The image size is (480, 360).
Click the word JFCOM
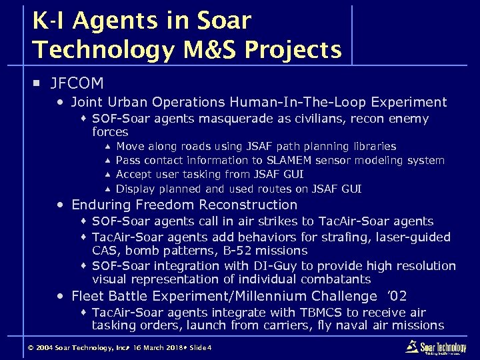click(77, 83)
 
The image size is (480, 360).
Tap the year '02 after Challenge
click(397, 296)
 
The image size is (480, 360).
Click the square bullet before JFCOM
click(37, 84)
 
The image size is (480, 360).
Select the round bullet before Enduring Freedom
click(61, 205)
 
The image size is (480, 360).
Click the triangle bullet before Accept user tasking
click(107, 175)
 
